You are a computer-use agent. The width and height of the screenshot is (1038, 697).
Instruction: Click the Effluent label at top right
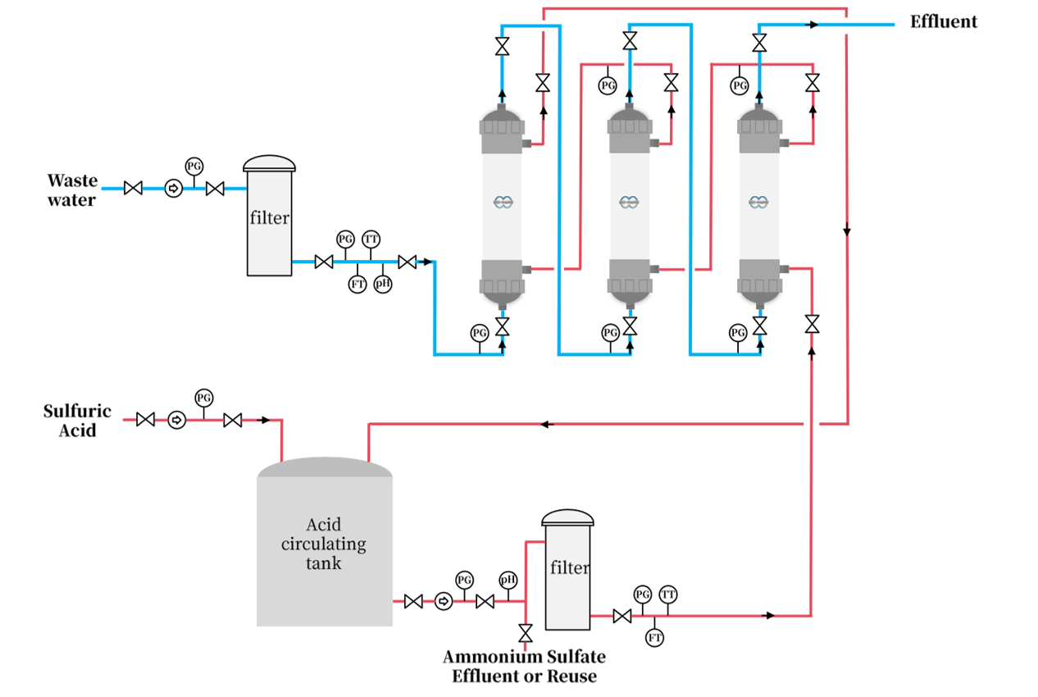(943, 22)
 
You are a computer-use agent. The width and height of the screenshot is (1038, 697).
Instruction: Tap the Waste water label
(71, 189)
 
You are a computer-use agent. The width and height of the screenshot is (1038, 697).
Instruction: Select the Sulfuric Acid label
(77, 421)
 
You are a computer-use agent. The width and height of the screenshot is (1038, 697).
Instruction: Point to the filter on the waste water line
(270, 218)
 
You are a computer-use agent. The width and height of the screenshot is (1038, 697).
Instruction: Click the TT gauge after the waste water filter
(371, 239)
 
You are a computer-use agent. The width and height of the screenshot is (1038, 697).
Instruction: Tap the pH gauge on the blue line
(382, 284)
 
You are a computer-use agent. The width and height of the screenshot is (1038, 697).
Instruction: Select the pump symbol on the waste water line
(173, 189)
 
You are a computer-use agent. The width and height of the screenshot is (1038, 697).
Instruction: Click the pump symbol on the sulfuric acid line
(176, 420)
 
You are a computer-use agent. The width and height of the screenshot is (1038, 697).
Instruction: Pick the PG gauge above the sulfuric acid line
(203, 398)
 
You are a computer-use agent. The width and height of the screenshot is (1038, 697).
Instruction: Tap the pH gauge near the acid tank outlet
(508, 580)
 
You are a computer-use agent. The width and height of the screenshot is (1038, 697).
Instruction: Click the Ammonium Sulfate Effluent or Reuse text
(524, 666)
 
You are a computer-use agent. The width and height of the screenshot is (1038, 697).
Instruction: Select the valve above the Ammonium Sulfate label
(526, 633)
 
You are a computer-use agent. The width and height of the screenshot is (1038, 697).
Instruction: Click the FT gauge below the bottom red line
(654, 637)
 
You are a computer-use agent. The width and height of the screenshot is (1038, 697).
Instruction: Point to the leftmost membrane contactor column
(502, 205)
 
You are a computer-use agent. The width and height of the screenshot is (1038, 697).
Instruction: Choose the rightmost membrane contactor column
(760, 205)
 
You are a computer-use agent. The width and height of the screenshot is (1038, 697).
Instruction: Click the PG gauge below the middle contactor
(610, 333)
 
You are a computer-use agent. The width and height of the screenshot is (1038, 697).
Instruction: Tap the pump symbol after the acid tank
(444, 601)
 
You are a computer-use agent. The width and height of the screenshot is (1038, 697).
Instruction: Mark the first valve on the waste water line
(133, 189)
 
